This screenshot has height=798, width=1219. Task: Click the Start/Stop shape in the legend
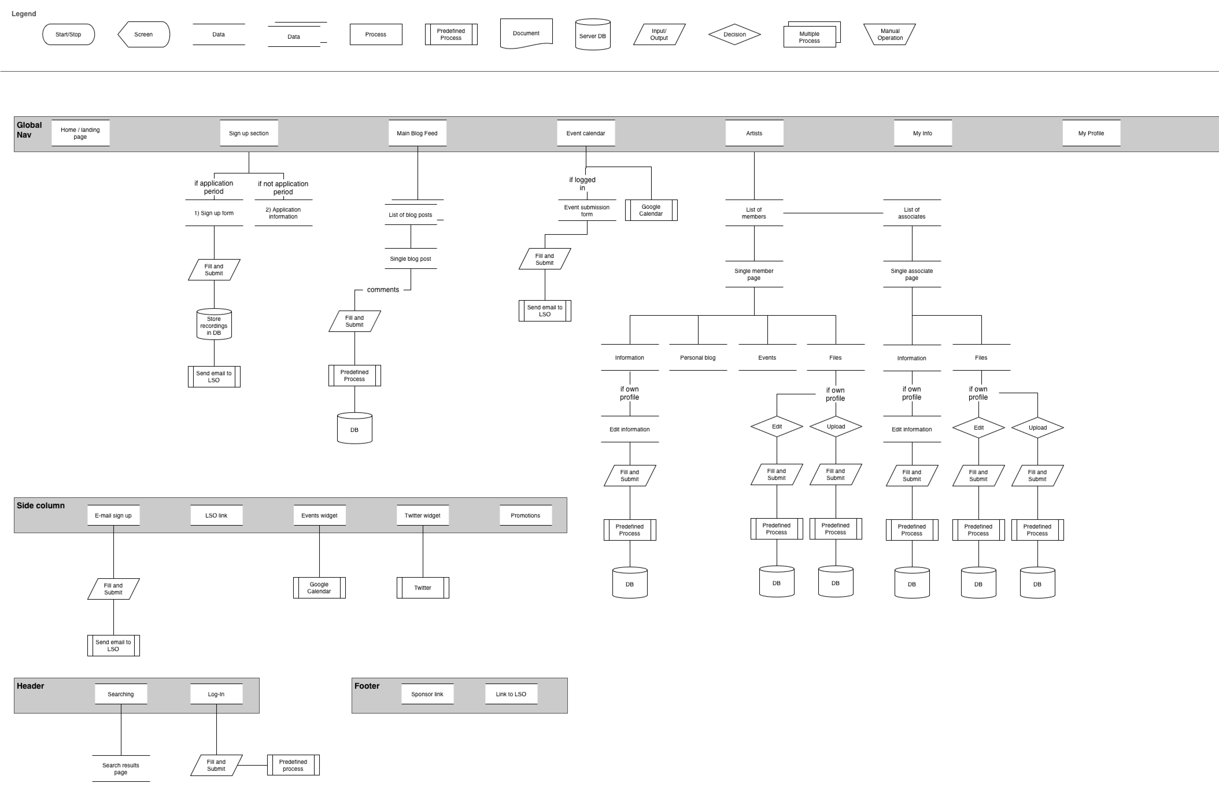click(x=68, y=34)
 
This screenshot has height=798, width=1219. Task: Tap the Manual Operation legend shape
click(x=890, y=34)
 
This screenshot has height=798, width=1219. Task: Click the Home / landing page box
click(x=80, y=133)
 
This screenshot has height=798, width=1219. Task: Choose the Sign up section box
click(x=249, y=133)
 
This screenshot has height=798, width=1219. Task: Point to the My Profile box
click(x=1091, y=133)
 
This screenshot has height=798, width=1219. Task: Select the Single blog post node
click(x=410, y=259)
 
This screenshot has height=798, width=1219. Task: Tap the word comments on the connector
click(x=383, y=290)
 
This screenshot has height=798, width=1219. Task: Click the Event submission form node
click(x=587, y=210)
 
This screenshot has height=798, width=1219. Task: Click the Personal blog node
click(x=698, y=358)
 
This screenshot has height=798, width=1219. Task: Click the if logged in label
click(x=582, y=183)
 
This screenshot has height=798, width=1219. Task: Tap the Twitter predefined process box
click(x=422, y=588)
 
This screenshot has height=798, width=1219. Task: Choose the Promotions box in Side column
click(x=525, y=515)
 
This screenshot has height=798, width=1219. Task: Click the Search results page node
click(x=121, y=768)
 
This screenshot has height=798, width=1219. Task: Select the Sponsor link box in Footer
click(x=427, y=694)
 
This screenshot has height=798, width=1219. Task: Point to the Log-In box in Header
click(x=216, y=694)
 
